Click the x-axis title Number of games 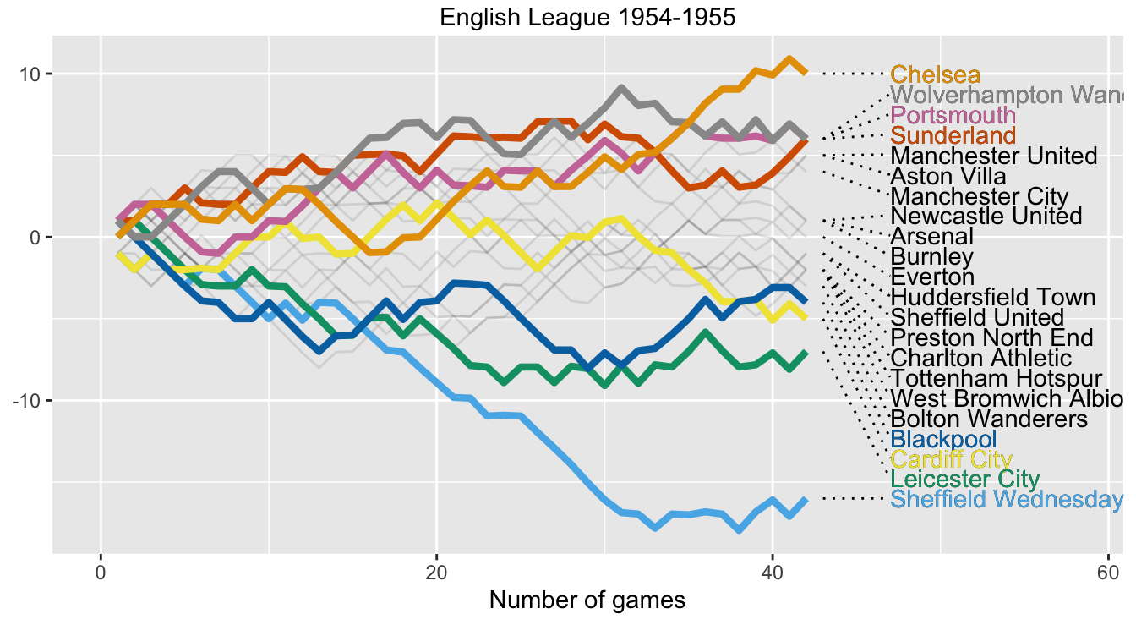587,600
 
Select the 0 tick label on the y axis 36,237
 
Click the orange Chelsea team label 936,74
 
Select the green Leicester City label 965,480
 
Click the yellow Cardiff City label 951,459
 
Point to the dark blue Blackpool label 943,439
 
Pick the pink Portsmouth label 953,115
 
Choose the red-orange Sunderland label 953,135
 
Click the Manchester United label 993,156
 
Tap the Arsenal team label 932,236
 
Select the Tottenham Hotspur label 997,378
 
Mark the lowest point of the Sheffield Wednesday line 740,529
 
